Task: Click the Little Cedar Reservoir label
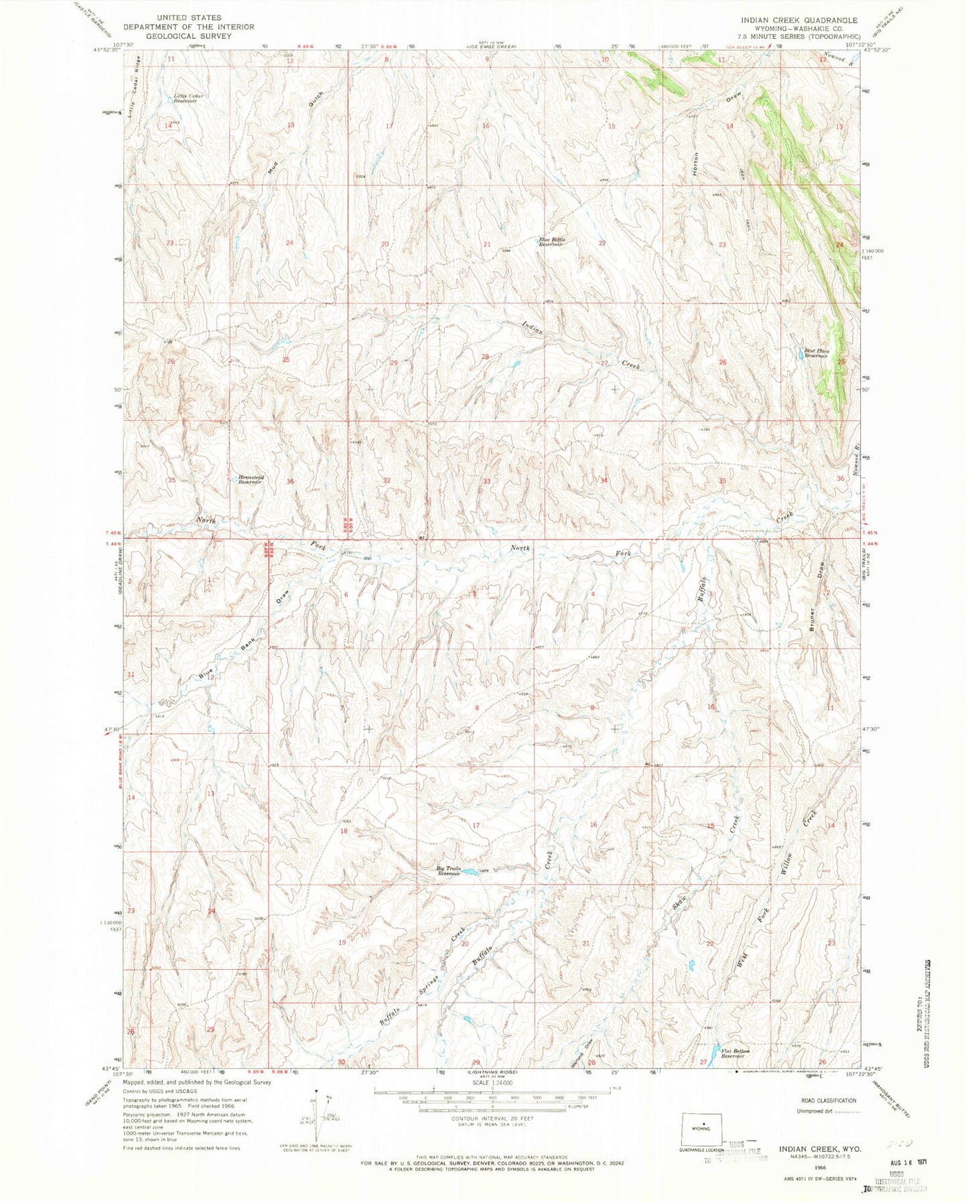pos(188,98)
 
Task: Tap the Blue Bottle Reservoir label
pos(553,242)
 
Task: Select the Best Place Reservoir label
pos(817,353)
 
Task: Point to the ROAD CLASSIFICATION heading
pos(829,1100)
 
